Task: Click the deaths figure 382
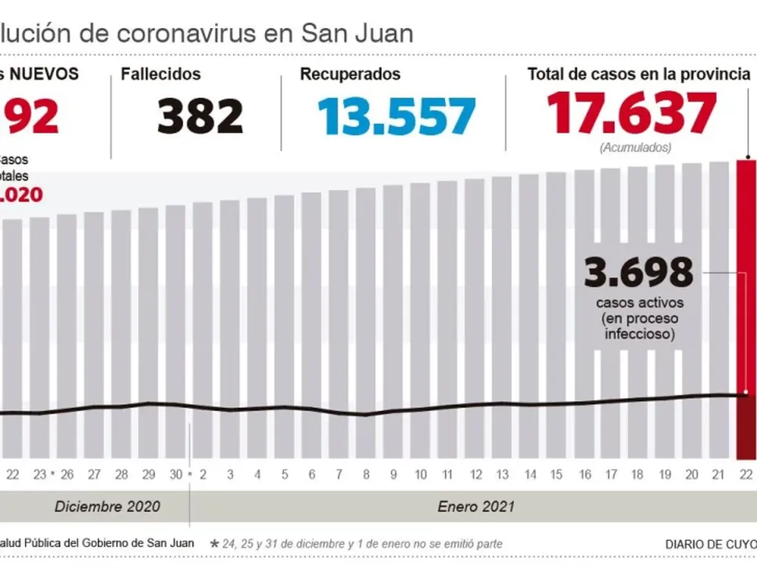(201, 115)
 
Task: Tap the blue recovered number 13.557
(396, 115)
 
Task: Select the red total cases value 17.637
(631, 114)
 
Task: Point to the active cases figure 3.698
(638, 272)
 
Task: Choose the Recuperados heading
(350, 74)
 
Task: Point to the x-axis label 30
(176, 475)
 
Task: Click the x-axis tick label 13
(501, 475)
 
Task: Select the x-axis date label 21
(718, 475)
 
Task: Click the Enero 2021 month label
(476, 506)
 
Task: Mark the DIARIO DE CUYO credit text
(710, 544)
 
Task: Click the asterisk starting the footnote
(214, 544)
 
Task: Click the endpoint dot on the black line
(746, 393)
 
